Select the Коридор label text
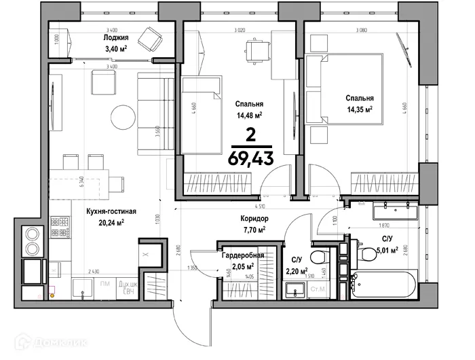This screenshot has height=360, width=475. click(x=254, y=219)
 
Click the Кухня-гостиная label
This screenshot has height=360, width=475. click(x=111, y=211)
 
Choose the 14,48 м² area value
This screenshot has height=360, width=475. click(x=249, y=115)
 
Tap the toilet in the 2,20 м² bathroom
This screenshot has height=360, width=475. click(x=313, y=259)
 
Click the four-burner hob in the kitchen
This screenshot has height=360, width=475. click(x=59, y=231)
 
